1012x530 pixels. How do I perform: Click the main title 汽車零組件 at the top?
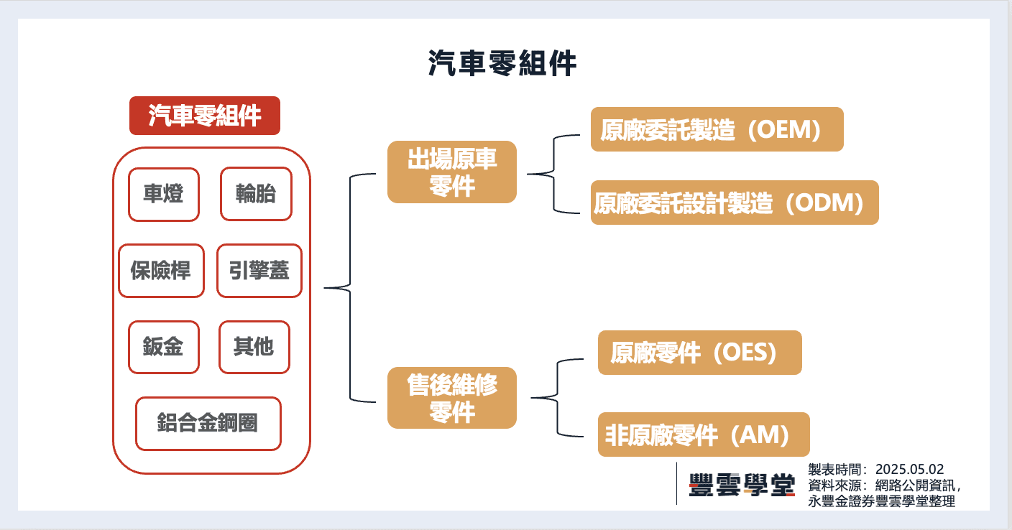(502, 64)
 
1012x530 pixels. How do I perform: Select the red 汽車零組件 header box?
(205, 116)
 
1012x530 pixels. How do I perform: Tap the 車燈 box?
(163, 194)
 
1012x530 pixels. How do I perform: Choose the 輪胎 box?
(256, 194)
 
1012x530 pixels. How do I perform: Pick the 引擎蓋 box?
(259, 271)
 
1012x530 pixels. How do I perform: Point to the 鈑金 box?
(163, 347)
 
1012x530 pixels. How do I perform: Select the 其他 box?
(254, 347)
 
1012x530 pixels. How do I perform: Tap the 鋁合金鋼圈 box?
(208, 424)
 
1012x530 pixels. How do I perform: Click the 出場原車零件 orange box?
(452, 172)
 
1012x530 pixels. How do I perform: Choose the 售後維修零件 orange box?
(452, 398)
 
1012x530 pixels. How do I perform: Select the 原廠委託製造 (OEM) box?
(717, 129)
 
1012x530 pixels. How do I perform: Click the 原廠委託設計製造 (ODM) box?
(735, 203)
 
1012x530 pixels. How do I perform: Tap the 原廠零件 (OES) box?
(699, 353)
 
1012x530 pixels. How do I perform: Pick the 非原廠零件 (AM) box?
(704, 434)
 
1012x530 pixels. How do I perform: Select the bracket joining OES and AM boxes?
(558, 397)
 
